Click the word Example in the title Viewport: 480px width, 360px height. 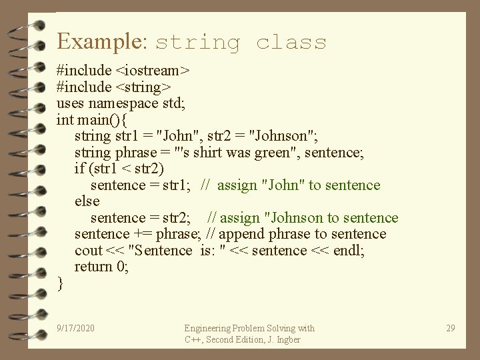coord(100,41)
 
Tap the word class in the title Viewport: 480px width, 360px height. coord(291,43)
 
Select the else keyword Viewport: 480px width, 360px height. coord(87,201)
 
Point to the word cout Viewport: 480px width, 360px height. coord(89,251)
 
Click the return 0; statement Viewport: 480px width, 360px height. coord(102,267)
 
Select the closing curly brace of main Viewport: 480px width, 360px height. coord(61,283)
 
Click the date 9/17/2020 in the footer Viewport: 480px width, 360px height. coord(75,328)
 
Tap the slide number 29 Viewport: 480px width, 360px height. coord(450,328)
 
